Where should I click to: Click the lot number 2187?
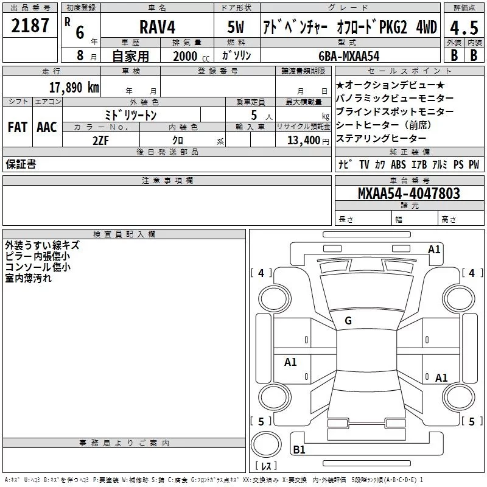30,26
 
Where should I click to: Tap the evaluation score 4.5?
463,28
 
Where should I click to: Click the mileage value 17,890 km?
74,88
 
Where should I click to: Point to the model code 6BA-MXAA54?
349,55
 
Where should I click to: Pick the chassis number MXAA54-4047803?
409,194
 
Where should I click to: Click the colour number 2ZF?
101,140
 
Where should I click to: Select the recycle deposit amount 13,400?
303,140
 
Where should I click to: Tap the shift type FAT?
17,127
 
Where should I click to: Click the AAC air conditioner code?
46,127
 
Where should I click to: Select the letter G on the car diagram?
348,321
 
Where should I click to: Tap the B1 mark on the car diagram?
299,450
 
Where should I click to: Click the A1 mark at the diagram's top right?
434,249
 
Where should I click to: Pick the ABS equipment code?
398,164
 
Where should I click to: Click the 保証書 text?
21,164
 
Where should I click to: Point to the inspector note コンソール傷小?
38,267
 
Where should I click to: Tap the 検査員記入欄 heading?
125,234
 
